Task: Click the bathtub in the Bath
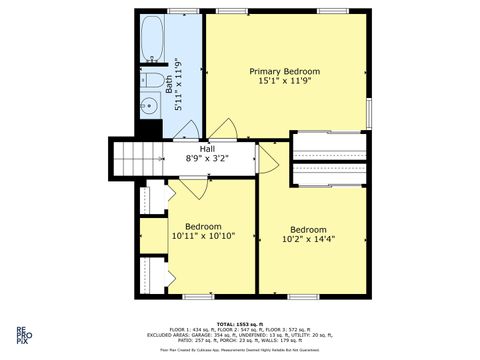[153, 39]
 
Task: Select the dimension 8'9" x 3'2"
[208, 159]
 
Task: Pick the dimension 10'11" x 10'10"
[203, 237]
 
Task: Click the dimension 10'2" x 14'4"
[308, 240]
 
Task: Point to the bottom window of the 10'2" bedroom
[304, 297]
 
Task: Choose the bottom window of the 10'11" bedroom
[199, 297]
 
